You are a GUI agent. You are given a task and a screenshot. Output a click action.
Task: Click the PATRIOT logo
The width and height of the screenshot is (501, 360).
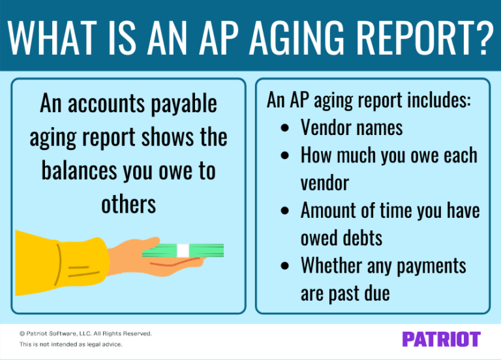click(x=441, y=339)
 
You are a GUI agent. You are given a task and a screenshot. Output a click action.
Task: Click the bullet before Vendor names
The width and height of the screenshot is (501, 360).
click(x=284, y=127)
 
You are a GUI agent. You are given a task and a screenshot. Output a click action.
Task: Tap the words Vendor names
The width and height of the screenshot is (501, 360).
click(x=351, y=127)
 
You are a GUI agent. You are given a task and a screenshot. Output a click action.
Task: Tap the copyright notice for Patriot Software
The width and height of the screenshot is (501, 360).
click(x=85, y=333)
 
